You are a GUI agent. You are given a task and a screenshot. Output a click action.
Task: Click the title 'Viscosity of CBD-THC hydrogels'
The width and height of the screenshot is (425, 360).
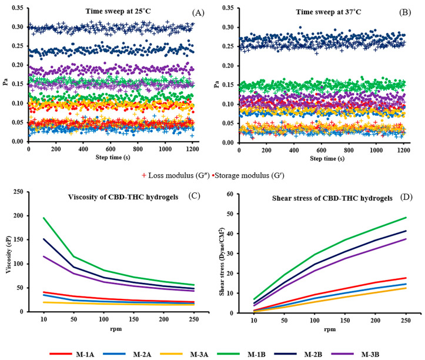109,197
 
